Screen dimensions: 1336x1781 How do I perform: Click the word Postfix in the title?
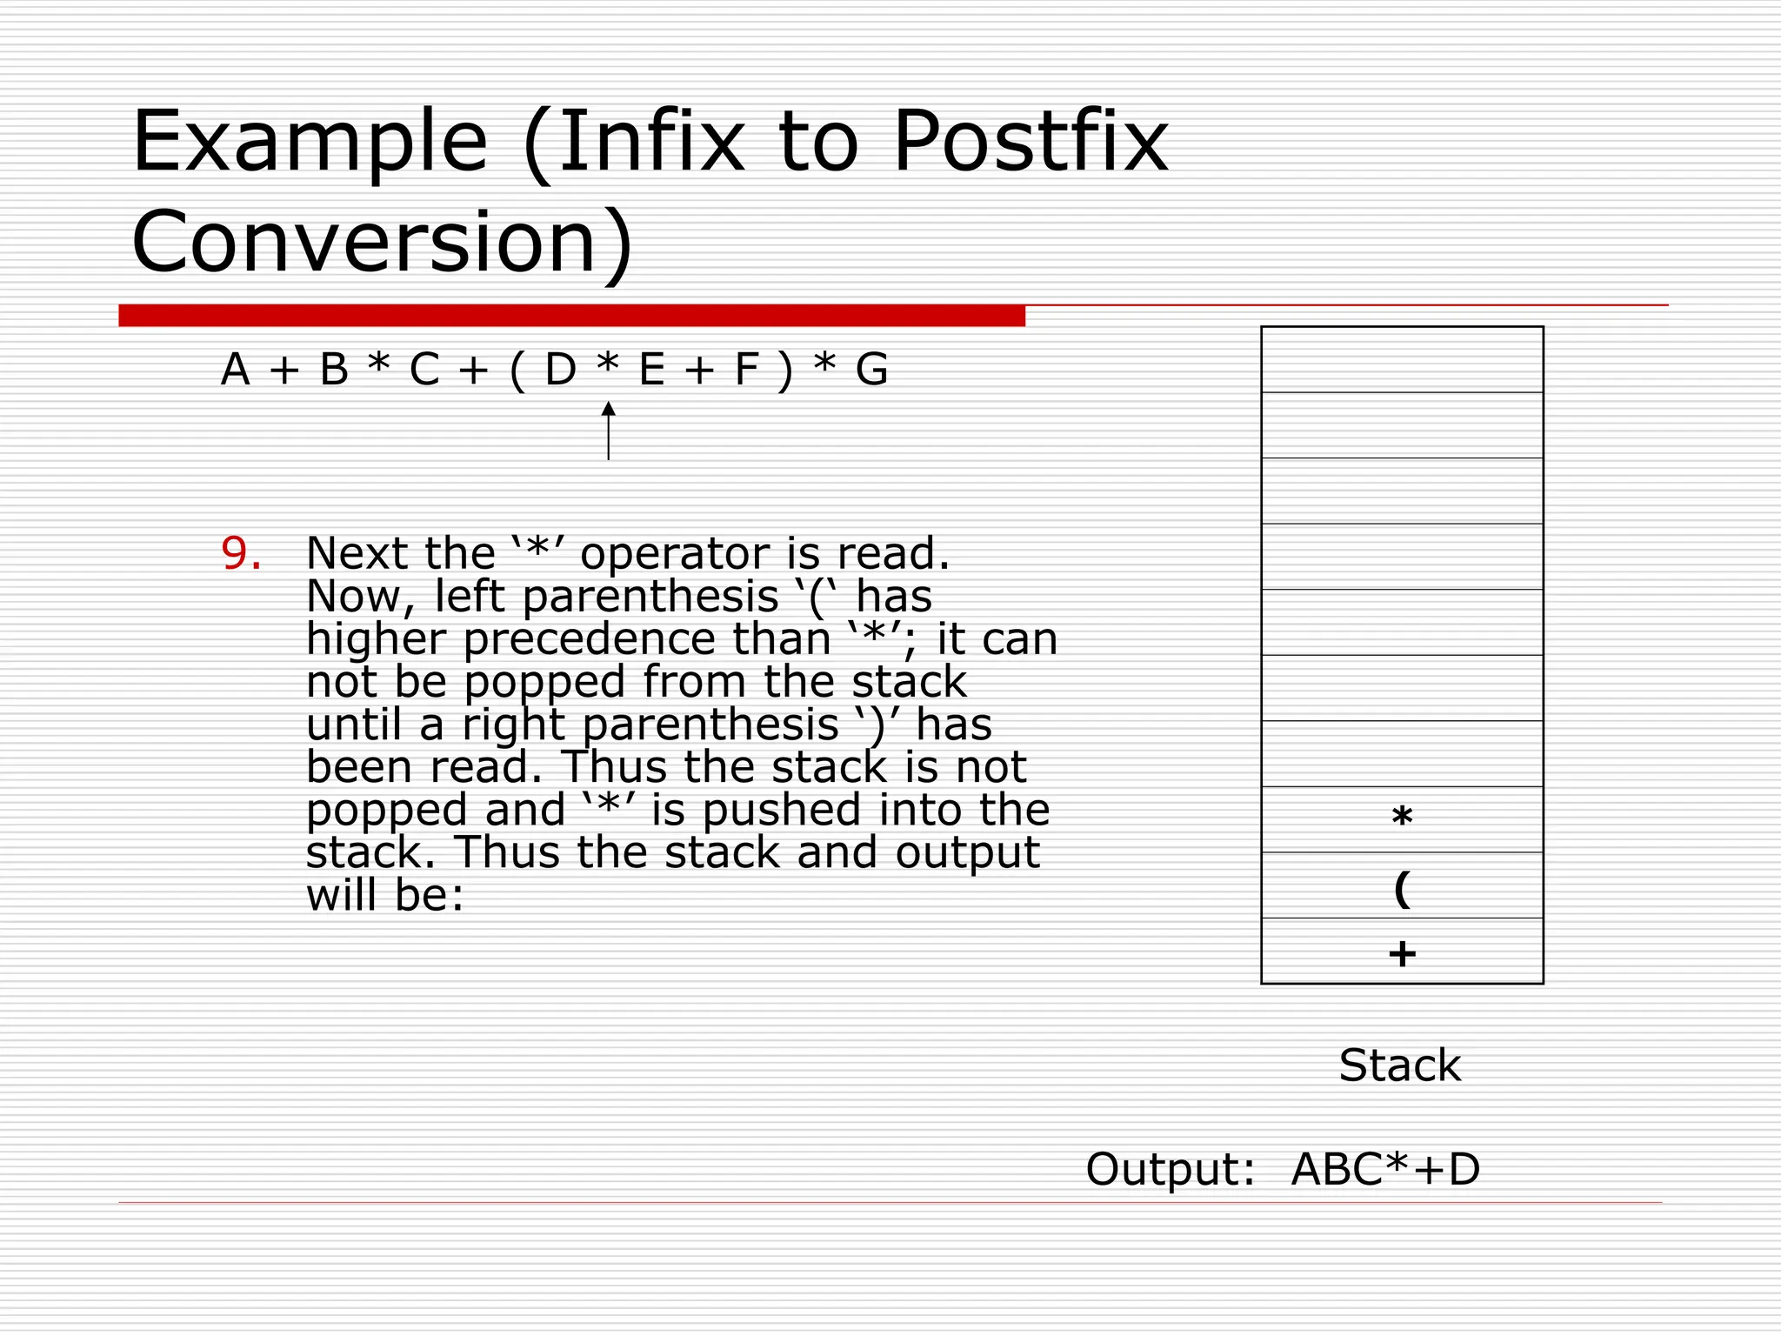tap(1031, 141)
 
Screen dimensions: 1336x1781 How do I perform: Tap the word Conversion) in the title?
tap(383, 242)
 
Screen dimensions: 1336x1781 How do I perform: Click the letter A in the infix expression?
tap(235, 370)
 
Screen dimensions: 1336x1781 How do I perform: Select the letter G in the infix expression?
tap(871, 370)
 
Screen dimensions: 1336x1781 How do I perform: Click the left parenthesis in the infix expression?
tap(517, 370)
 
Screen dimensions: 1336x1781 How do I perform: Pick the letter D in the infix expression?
tap(561, 370)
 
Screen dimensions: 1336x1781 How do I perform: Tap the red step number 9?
tap(241, 553)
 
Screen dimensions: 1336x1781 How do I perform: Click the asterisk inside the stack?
tap(1402, 818)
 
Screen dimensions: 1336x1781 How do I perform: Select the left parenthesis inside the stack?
tap(1402, 888)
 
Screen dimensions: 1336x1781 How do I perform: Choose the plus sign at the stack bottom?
tap(1402, 954)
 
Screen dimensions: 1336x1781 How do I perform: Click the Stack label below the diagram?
tap(1400, 1065)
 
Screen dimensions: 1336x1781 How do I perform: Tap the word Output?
tap(1171, 1169)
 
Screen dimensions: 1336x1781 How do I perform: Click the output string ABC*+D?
tap(1385, 1169)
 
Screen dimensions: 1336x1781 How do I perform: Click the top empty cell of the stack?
tap(1402, 359)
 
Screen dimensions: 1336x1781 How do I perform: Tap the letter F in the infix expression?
tap(747, 370)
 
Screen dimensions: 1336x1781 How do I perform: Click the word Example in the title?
tap(310, 141)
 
